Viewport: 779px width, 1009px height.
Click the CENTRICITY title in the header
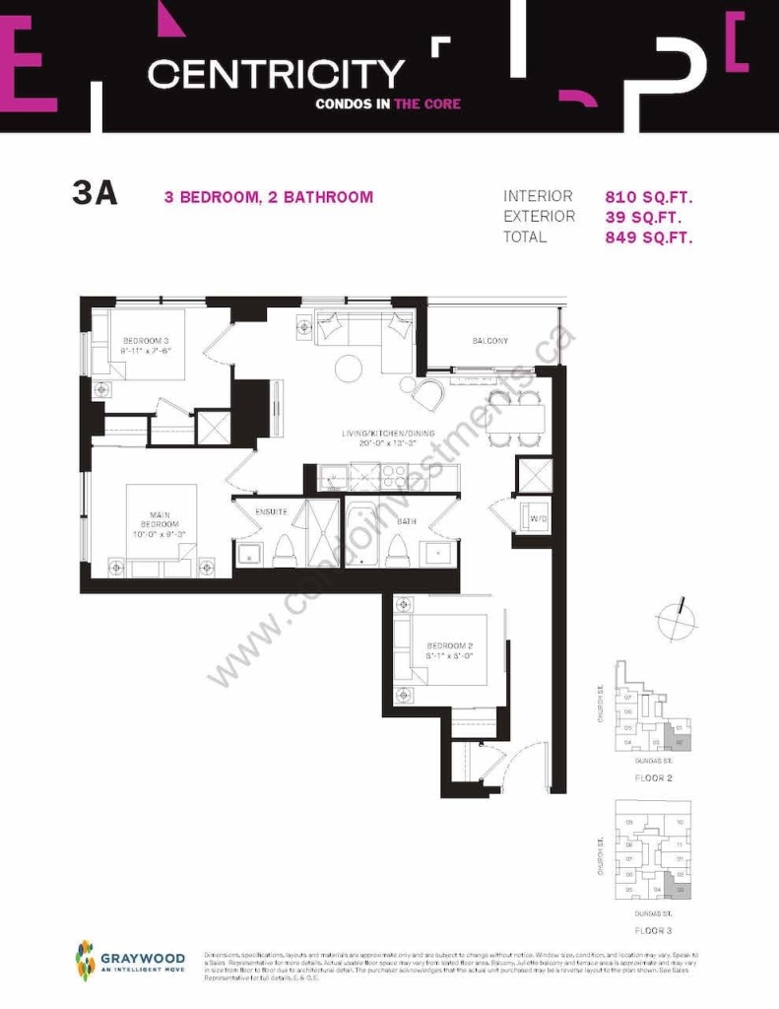(276, 75)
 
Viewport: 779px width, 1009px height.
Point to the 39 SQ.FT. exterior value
(642, 217)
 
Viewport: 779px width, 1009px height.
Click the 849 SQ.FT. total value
(649, 237)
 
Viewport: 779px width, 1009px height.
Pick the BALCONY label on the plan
(489, 341)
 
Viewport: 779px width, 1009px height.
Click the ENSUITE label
(271, 511)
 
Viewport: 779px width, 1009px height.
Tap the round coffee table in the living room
(350, 370)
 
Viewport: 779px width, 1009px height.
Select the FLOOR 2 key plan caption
(654, 777)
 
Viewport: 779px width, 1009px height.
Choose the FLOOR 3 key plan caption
(654, 929)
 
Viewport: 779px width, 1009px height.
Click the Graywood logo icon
(86, 960)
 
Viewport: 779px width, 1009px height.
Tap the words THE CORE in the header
(427, 104)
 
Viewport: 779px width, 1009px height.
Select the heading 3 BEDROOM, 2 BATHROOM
(268, 197)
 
